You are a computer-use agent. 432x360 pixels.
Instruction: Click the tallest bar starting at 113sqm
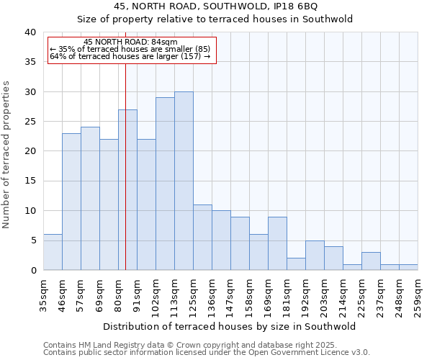point(184,181)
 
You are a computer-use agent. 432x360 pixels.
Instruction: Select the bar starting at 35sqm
point(53,252)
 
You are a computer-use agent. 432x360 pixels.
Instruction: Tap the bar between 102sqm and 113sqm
point(165,184)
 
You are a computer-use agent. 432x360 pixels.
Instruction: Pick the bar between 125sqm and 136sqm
point(202,237)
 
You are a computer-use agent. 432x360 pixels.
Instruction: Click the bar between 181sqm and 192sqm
point(296,264)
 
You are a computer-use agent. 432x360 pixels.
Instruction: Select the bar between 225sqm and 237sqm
point(371,261)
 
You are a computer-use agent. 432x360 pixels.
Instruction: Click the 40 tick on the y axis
point(30,32)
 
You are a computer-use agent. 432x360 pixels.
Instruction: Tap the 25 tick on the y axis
point(30,122)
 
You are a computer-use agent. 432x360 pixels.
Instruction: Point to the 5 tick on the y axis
point(33,240)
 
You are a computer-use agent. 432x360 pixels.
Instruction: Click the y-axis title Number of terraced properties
point(7,154)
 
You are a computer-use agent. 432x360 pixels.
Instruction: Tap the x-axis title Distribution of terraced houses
point(230,326)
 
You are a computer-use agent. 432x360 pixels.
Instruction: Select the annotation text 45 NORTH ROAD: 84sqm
point(130,42)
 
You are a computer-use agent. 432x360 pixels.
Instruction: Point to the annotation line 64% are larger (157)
point(130,56)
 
